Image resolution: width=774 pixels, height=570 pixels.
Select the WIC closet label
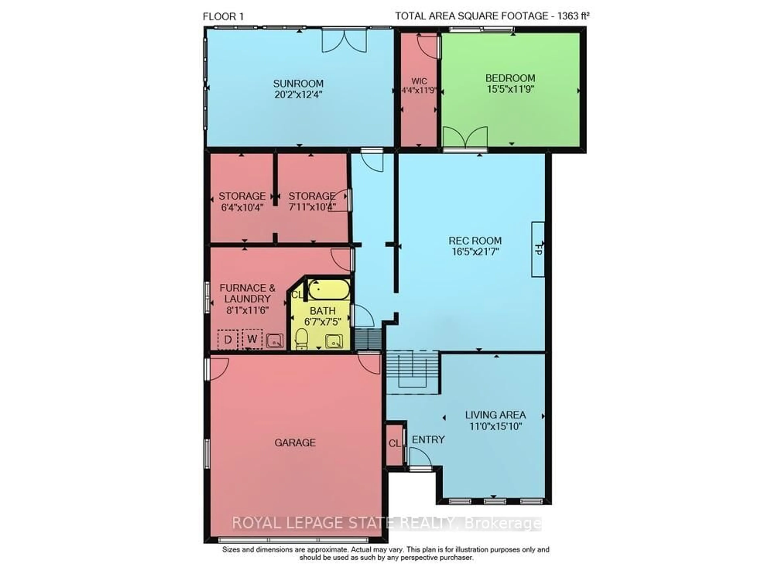419,81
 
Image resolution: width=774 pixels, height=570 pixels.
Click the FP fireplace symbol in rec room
538,249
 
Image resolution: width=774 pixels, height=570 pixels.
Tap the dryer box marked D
228,340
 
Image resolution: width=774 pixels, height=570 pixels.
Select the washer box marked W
252,339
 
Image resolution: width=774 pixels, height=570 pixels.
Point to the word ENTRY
428,439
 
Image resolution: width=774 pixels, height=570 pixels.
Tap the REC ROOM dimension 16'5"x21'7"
475,252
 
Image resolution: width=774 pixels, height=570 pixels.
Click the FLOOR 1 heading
223,17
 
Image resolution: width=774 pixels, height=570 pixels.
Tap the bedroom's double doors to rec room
465,138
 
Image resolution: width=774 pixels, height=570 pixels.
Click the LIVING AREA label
495,415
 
